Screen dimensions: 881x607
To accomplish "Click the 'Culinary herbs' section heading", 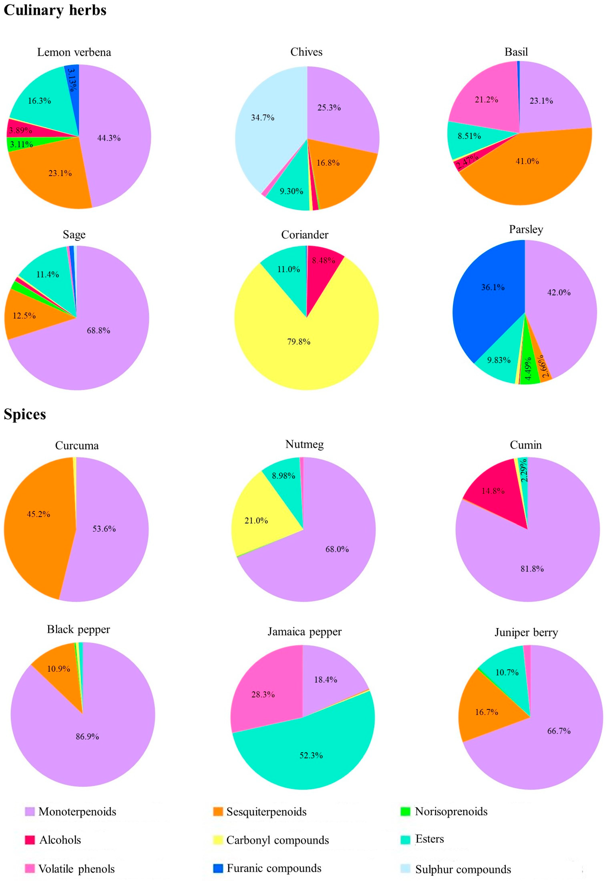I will pyautogui.click(x=55, y=10).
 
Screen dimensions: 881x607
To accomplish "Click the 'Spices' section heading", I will pyautogui.click(x=25, y=414).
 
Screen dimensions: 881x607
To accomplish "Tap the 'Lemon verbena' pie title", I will pyautogui.click(x=74, y=52).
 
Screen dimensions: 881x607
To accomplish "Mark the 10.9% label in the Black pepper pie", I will pyautogui.click(x=59, y=669).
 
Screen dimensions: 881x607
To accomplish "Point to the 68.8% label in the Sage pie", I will pyautogui.click(x=99, y=330).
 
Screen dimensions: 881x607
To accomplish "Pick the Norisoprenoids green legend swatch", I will pyautogui.click(x=405, y=811).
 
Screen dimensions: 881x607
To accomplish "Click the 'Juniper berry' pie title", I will pyautogui.click(x=526, y=632).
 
